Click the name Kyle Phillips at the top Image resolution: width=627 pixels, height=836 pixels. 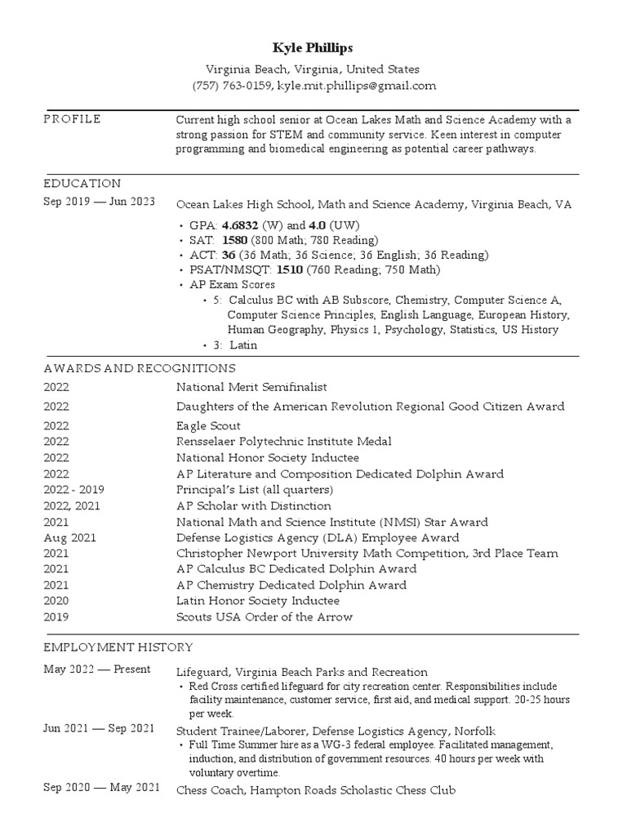313,48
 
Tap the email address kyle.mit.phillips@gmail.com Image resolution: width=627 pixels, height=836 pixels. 357,86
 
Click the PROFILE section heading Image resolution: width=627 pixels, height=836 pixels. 72,120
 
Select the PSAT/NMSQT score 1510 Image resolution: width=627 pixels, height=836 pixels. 290,270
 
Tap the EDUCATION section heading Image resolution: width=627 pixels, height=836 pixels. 82,184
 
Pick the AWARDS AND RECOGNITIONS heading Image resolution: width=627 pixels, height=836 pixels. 140,368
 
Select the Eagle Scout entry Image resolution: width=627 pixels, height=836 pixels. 208,426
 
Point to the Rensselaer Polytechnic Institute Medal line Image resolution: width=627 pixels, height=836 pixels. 283,442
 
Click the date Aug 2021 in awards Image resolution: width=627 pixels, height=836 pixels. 70,538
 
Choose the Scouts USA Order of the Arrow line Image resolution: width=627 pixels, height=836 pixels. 265,617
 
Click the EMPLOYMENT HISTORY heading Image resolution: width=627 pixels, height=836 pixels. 118,647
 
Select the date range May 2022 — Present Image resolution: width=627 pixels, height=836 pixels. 97,669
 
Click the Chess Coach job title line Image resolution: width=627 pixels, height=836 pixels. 315,790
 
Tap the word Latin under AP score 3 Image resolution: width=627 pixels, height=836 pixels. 242,345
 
